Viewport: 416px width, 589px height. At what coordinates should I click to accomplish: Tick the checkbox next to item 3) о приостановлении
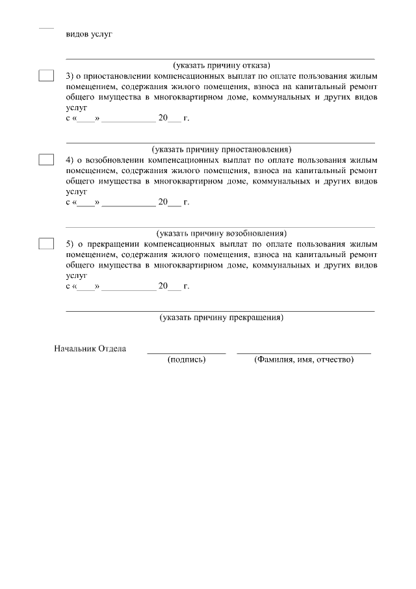(x=46, y=75)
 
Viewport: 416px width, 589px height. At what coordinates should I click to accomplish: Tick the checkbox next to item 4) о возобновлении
(x=46, y=159)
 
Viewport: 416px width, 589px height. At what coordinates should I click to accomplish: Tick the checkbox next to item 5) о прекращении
(x=46, y=243)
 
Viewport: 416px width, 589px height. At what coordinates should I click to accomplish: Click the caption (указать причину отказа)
(x=221, y=65)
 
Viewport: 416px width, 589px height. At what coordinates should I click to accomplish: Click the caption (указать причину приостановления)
(x=221, y=149)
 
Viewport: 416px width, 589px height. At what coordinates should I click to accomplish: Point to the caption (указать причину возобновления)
(x=221, y=233)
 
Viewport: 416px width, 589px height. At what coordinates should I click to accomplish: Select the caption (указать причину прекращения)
(x=221, y=318)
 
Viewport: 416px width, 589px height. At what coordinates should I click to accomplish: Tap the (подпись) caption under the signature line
(x=187, y=359)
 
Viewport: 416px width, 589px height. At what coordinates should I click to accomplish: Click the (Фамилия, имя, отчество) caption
(x=304, y=359)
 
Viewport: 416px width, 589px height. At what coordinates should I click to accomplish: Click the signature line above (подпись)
(x=187, y=353)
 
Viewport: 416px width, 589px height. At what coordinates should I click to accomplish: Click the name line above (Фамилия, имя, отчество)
(x=304, y=353)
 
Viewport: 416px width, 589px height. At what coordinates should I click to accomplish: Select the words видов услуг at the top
(x=89, y=34)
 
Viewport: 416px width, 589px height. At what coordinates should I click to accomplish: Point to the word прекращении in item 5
(x=109, y=243)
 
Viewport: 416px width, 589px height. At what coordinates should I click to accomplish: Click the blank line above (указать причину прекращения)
(x=221, y=311)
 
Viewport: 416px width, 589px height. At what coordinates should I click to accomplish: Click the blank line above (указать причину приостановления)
(x=221, y=142)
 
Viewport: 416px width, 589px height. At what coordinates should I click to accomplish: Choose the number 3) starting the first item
(x=70, y=75)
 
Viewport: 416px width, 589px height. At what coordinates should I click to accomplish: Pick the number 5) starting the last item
(x=70, y=243)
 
